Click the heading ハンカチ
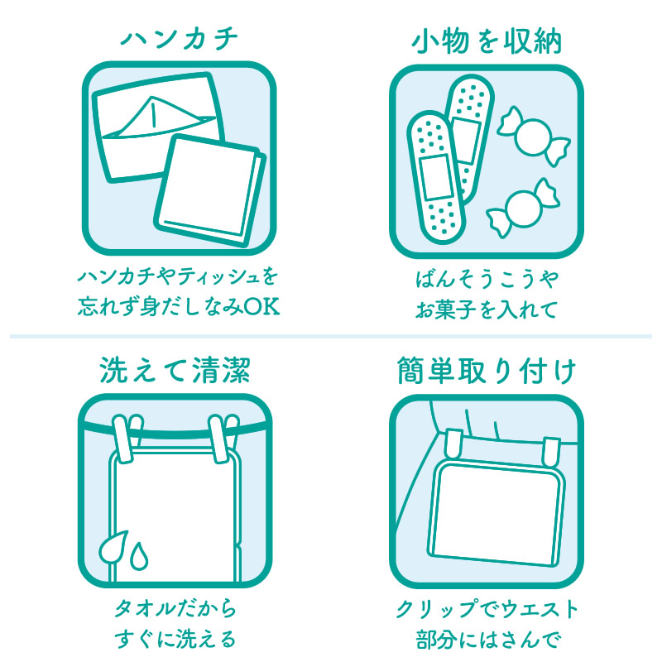coord(180,39)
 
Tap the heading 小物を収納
coord(487,42)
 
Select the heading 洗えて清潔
coord(175,370)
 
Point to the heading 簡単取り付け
coord(487,371)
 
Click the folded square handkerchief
coord(210,191)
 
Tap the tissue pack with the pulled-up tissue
coord(157,127)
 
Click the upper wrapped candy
coord(534,136)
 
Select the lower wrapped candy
coord(524,209)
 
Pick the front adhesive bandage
coord(436,177)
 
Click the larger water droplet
coord(113,548)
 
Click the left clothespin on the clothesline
coord(127,439)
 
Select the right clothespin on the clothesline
coord(223,439)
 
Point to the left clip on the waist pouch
coord(454,444)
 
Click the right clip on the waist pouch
coord(551,451)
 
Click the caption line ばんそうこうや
coord(487,279)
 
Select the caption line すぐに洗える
coord(175,639)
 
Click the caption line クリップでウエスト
coord(487,609)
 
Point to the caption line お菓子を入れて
coord(487,309)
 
